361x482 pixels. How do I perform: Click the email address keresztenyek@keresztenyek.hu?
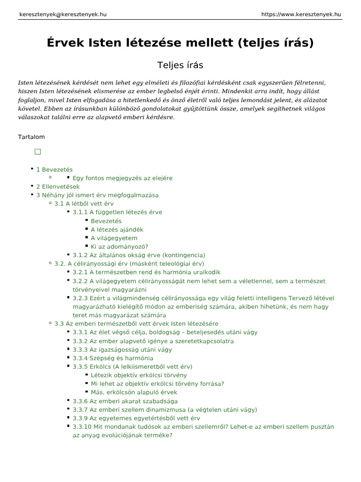pyautogui.click(x=63, y=14)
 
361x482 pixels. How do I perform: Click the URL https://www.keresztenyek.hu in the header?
pyautogui.click(x=301, y=14)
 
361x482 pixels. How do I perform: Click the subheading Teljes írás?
pyautogui.click(x=180, y=64)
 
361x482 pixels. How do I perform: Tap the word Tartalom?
pyautogui.click(x=31, y=137)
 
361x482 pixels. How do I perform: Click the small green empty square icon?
pyautogui.click(x=38, y=152)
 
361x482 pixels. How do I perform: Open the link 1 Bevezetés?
pyautogui.click(x=55, y=169)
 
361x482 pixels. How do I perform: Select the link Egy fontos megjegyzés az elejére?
pyautogui.click(x=122, y=178)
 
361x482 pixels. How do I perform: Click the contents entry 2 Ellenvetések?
pyautogui.click(x=58, y=186)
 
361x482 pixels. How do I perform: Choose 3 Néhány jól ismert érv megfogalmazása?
pyautogui.click(x=97, y=195)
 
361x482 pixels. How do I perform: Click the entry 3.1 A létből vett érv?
pyautogui.click(x=84, y=203)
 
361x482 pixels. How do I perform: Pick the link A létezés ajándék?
pyautogui.click(x=117, y=230)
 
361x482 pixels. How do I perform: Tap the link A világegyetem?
pyautogui.click(x=114, y=238)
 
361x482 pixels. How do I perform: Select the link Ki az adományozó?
pyautogui.click(x=119, y=246)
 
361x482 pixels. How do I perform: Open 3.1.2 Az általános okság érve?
pyautogui.click(x=139, y=255)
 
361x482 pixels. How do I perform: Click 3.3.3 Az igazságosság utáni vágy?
pyautogui.click(x=122, y=350)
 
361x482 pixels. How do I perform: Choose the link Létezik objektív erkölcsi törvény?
pyautogui.click(x=139, y=375)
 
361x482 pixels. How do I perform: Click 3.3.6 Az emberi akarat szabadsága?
pyautogui.click(x=125, y=401)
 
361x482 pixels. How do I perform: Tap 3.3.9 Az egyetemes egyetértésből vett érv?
pyautogui.click(x=136, y=418)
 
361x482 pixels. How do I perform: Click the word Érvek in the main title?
pyautogui.click(x=65, y=43)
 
